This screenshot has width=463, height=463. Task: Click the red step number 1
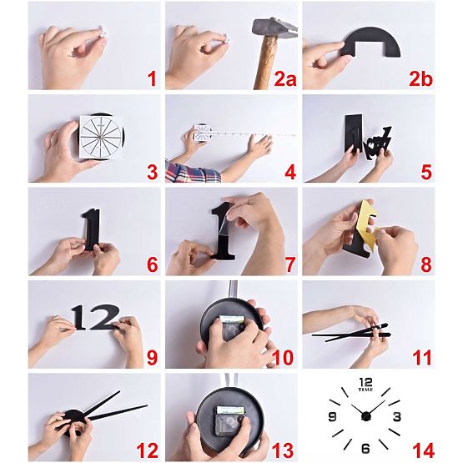152,79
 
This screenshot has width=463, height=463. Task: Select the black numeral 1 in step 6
90,229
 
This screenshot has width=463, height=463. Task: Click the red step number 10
283,358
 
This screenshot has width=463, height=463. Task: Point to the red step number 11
422,358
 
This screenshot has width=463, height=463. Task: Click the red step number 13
283,450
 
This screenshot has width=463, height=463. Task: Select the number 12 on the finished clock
366,383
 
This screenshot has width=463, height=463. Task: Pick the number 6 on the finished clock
365,449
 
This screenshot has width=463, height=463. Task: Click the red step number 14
423,450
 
